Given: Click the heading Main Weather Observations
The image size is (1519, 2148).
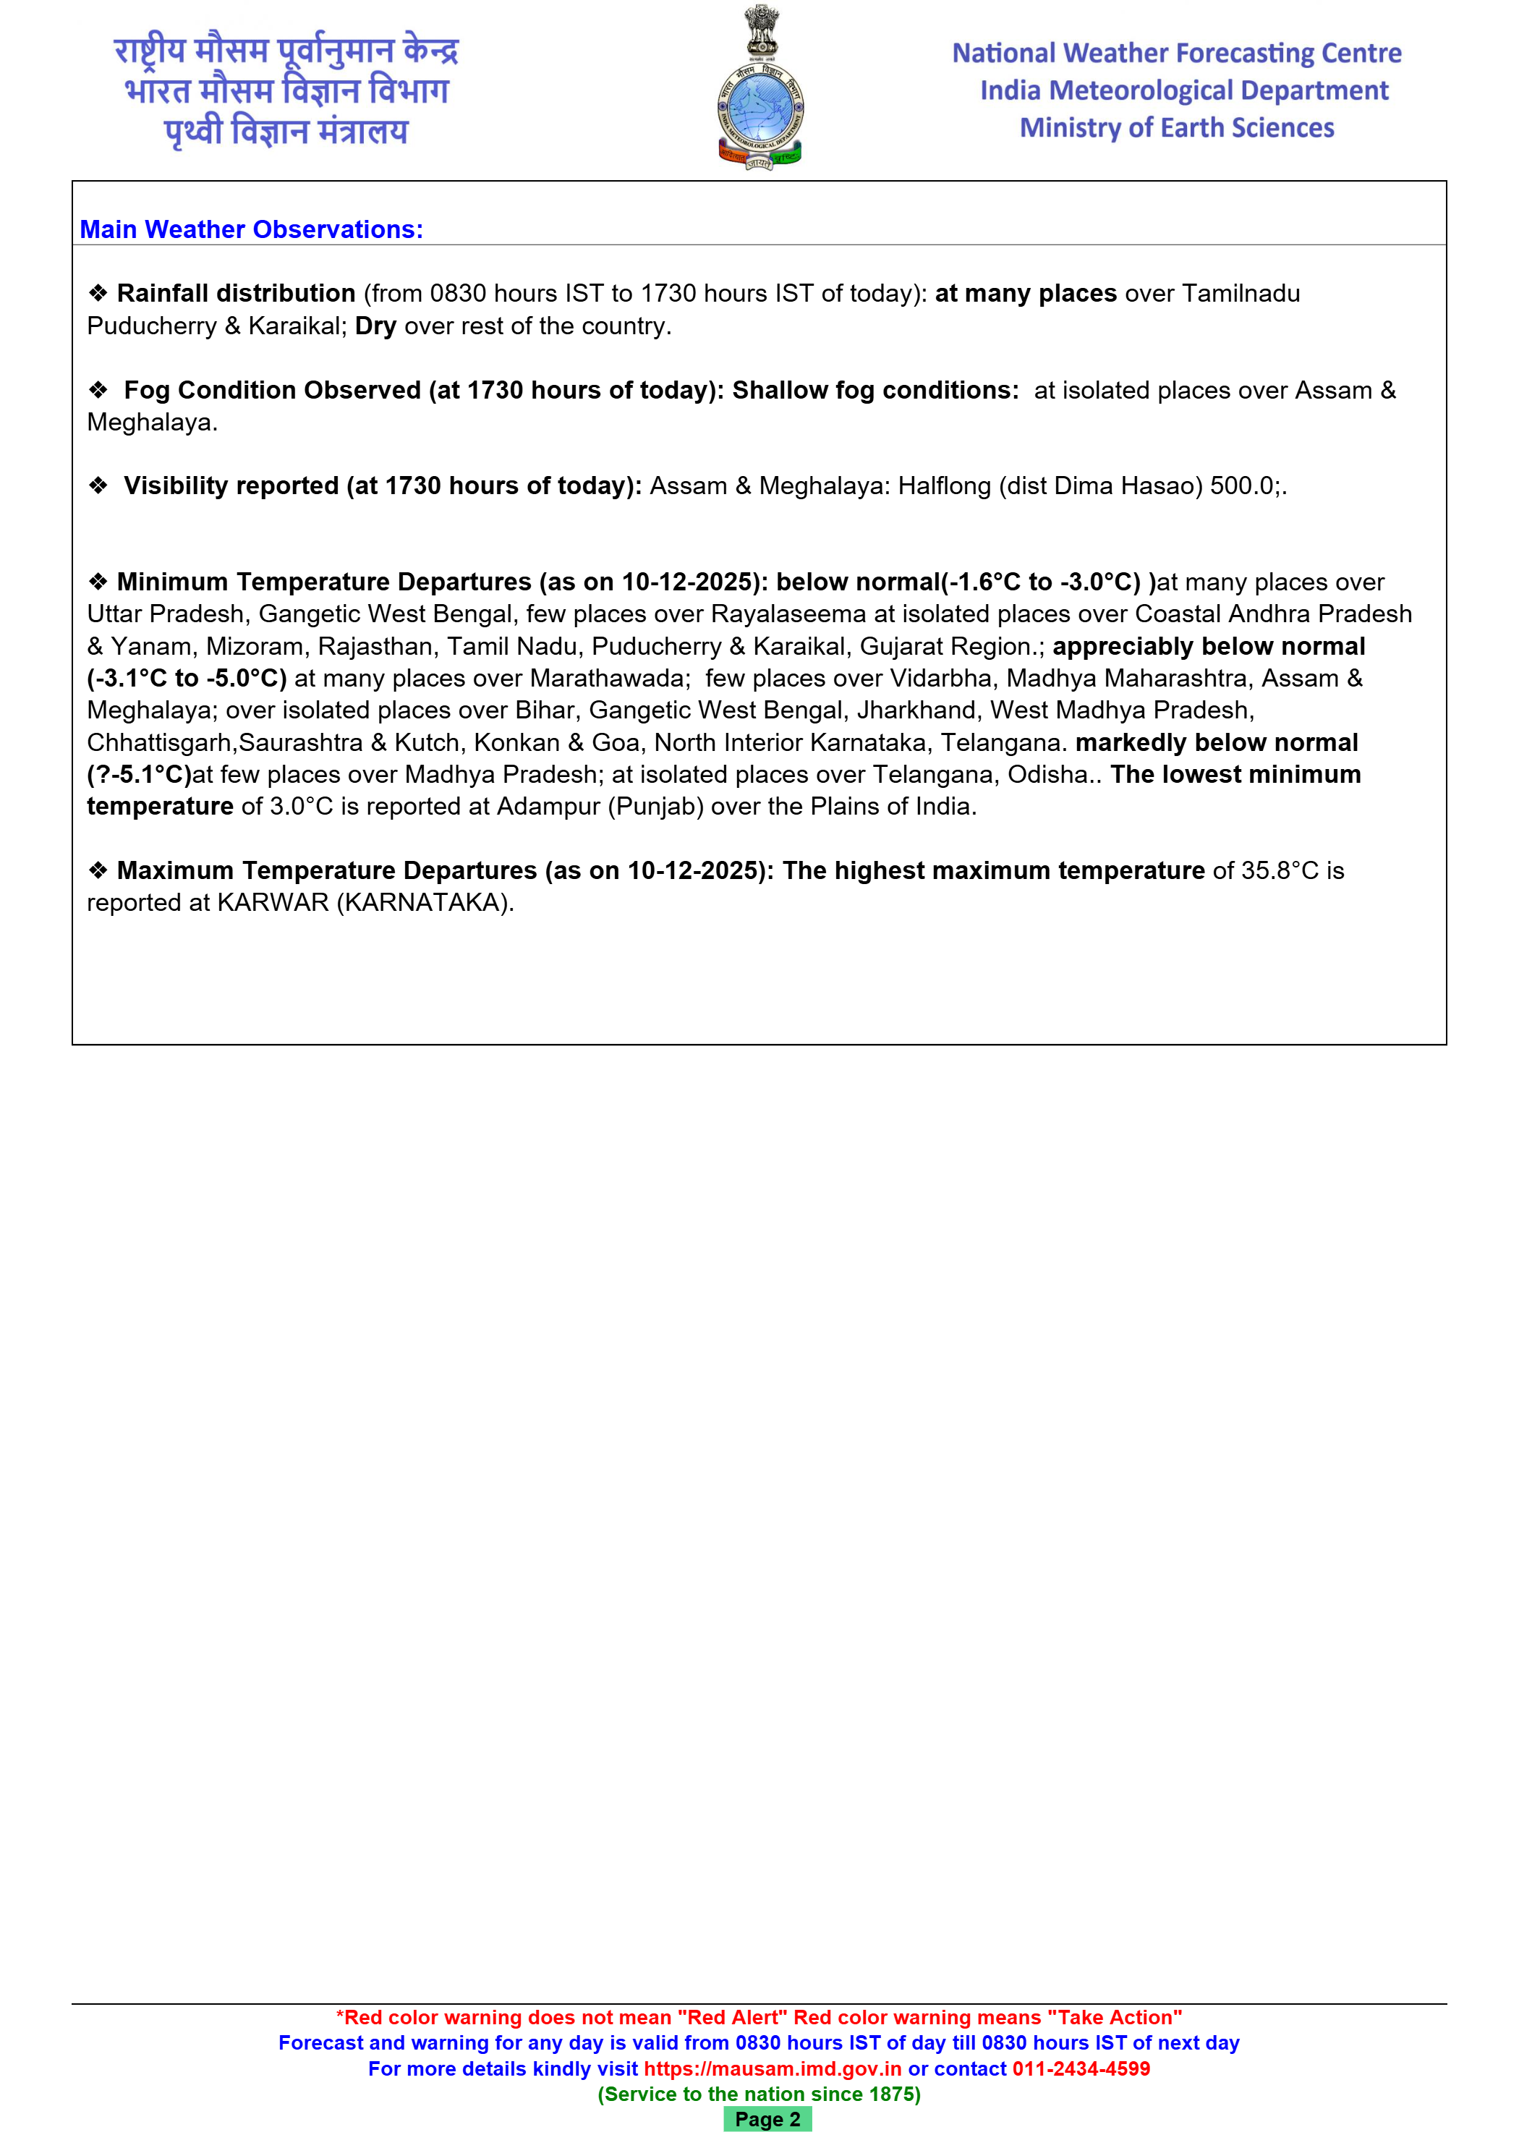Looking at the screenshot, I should pyautogui.click(x=251, y=229).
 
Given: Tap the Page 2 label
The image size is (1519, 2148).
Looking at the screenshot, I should pyautogui.click(x=767, y=2119).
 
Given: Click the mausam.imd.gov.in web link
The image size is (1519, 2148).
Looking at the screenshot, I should pyautogui.click(x=772, y=2068).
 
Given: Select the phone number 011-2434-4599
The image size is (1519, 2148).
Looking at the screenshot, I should pyautogui.click(x=1081, y=2068).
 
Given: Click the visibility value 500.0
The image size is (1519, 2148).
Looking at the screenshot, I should pyautogui.click(x=1242, y=486).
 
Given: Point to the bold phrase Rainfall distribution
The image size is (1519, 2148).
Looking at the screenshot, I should pyautogui.click(x=236, y=294).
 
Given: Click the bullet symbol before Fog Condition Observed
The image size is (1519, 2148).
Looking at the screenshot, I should pyautogui.click(x=98, y=390).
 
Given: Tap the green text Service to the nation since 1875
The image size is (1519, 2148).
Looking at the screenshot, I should pyautogui.click(x=759, y=2094).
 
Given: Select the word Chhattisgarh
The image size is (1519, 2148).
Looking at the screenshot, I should pyautogui.click(x=160, y=743).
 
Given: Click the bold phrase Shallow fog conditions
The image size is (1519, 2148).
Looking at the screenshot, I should pyautogui.click(x=875, y=390).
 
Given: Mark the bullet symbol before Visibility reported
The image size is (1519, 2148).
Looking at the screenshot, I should pyautogui.click(x=98, y=486).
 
